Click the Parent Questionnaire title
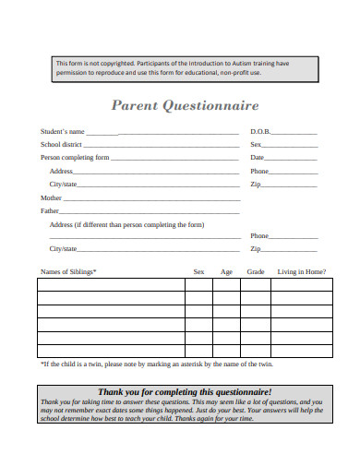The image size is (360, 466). (186, 105)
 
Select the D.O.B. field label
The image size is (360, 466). (260, 132)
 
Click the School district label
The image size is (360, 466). (61, 145)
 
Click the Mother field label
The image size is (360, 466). (51, 197)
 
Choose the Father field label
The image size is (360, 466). (50, 210)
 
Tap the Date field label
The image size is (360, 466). (258, 158)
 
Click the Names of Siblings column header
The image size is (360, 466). (68, 271)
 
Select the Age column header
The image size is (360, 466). (226, 271)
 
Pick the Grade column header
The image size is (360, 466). (256, 271)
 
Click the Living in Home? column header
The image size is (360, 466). (301, 271)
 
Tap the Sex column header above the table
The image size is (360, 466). (198, 271)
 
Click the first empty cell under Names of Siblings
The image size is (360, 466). (111, 285)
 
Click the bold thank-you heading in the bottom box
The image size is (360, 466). (185, 391)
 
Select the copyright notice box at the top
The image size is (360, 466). (185, 69)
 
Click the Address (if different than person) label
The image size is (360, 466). (126, 224)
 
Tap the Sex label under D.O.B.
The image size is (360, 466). (256, 145)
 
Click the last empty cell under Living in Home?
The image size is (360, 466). (301, 351)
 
